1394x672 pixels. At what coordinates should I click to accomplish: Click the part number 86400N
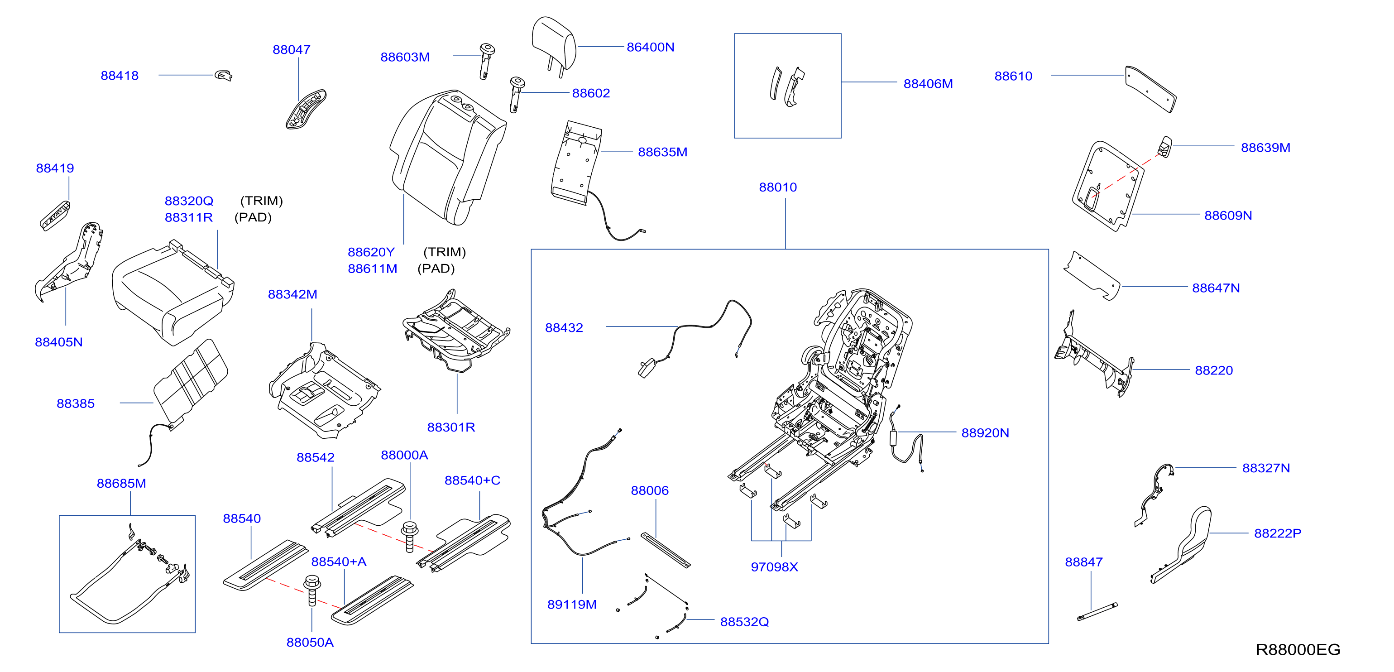click(x=650, y=47)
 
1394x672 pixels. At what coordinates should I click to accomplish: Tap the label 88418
click(x=120, y=76)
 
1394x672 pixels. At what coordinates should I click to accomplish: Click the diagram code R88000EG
click(x=1298, y=649)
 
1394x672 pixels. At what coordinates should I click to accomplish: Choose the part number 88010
click(x=778, y=187)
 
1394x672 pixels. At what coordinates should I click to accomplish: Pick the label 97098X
click(x=774, y=566)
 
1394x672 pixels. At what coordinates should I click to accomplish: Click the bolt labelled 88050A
click(x=312, y=590)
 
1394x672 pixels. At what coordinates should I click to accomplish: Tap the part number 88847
click(x=1083, y=562)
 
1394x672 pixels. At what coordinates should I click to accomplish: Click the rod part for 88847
click(x=1097, y=611)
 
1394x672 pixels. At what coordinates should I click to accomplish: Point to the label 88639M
click(x=1265, y=148)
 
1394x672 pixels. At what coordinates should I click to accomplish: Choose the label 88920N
click(x=985, y=433)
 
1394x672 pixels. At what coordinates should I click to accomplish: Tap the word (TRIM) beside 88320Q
click(x=261, y=201)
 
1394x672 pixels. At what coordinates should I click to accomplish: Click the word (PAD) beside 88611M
click(x=436, y=269)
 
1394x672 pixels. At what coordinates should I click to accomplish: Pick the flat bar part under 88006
click(x=666, y=550)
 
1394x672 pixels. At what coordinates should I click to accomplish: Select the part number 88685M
click(x=121, y=483)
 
